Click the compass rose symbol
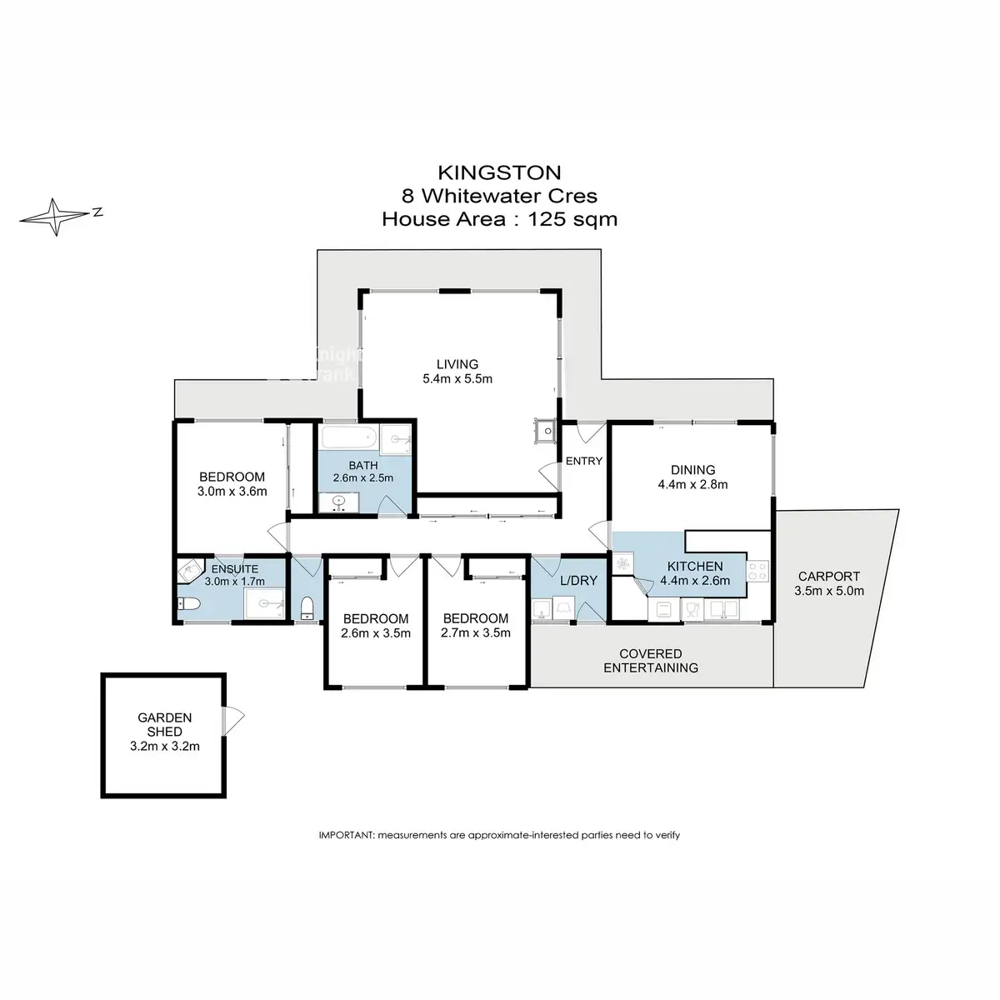coord(56,217)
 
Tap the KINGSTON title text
coord(499,172)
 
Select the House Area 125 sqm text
coord(499,219)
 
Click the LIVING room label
coord(457,364)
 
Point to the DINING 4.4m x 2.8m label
coord(692,477)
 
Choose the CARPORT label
coord(828,576)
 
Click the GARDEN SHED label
coord(164,724)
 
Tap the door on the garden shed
coord(233,720)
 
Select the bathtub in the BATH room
coord(349,438)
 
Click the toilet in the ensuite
coord(189,603)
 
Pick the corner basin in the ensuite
coord(188,571)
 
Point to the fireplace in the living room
coord(545,430)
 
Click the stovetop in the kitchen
coord(757,571)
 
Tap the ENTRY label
coord(584,461)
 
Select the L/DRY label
coord(578,581)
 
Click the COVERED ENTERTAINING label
coord(651,661)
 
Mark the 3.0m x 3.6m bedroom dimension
coord(232,491)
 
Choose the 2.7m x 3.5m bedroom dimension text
coord(475,632)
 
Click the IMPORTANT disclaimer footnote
coord(499,835)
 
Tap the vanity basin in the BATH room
coord(339,502)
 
